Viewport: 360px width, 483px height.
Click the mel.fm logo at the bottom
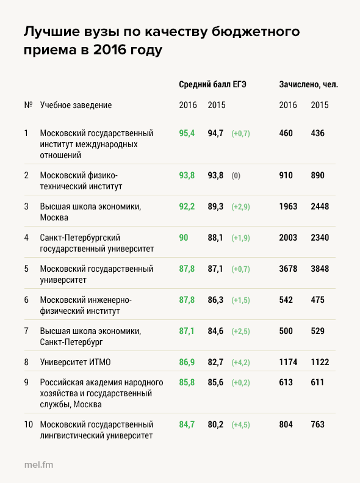[x=39, y=465]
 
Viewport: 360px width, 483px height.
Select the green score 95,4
[x=187, y=133]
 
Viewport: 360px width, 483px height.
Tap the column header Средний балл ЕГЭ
[x=212, y=84]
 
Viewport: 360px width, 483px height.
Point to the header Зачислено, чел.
[x=308, y=85]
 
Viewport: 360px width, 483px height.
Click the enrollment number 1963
[x=288, y=206]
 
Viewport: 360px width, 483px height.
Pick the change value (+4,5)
[x=240, y=425]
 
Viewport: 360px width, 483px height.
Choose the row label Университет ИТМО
[x=75, y=362]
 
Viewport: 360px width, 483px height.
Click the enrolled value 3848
[x=320, y=269]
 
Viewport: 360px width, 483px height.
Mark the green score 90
[x=184, y=238]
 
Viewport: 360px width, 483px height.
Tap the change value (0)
[x=236, y=176]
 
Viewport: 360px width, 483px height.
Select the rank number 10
[x=28, y=424]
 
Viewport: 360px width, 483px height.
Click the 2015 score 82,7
[x=215, y=362]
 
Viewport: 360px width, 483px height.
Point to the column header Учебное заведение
[x=76, y=105]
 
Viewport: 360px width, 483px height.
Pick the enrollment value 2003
[x=288, y=238]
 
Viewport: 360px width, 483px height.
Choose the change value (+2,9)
[x=240, y=206]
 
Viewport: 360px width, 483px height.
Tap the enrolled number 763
[x=317, y=424]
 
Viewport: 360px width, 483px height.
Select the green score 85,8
[x=187, y=382]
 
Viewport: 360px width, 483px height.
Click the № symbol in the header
[x=28, y=105]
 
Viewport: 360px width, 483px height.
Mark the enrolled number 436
[x=317, y=133]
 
